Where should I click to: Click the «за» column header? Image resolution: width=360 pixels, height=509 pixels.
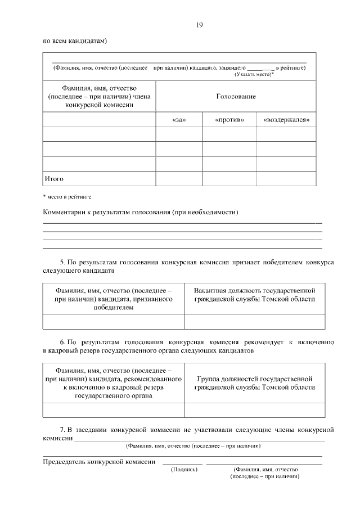tap(178, 120)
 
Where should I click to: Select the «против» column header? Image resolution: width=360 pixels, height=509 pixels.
tap(229, 120)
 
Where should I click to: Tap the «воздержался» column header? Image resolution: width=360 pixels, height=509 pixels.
tap(286, 120)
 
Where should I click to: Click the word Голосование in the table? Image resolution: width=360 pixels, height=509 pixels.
tap(236, 97)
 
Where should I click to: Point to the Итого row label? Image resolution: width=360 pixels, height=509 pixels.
tap(54, 179)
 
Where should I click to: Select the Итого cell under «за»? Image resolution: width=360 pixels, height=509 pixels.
tap(178, 178)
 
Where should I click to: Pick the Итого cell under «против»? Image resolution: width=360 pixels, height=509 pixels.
tap(229, 178)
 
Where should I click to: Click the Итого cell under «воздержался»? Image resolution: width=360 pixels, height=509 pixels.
tap(286, 178)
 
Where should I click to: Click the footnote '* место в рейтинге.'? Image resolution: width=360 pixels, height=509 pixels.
tap(68, 197)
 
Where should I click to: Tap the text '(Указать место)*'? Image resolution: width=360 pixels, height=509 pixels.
tap(254, 74)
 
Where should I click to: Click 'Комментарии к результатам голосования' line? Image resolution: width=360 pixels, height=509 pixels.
tap(141, 212)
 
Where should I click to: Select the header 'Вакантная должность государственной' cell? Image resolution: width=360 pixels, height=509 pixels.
tap(254, 295)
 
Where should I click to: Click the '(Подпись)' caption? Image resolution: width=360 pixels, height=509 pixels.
tap(184, 469)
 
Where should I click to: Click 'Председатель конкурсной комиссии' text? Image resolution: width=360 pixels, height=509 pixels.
tap(99, 462)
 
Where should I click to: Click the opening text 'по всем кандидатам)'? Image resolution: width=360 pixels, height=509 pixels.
tap(75, 41)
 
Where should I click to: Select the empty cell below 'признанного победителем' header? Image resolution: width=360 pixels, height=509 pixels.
tap(113, 322)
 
